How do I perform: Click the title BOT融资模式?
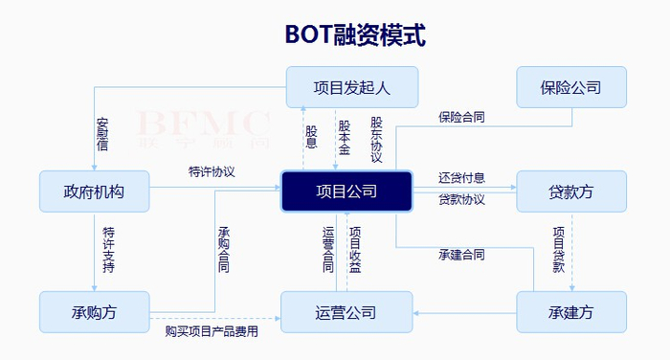coord(354,34)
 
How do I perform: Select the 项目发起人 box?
coord(352,87)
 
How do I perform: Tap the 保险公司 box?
coord(571,87)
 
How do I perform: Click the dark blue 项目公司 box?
coord(346,191)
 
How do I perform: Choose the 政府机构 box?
coord(94,191)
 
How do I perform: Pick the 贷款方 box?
coord(571,191)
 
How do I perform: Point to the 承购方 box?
coord(94,312)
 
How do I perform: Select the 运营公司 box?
coord(346,312)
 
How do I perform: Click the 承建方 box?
coord(571,312)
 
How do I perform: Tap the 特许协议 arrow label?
coord(212,172)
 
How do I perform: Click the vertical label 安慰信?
coord(102,135)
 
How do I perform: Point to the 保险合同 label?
coord(461,118)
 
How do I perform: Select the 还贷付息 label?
coord(461,178)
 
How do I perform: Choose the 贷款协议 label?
coord(461,200)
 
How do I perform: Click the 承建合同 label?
coord(461,255)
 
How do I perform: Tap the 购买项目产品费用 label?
coord(212,331)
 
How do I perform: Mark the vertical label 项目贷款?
coord(559,251)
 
